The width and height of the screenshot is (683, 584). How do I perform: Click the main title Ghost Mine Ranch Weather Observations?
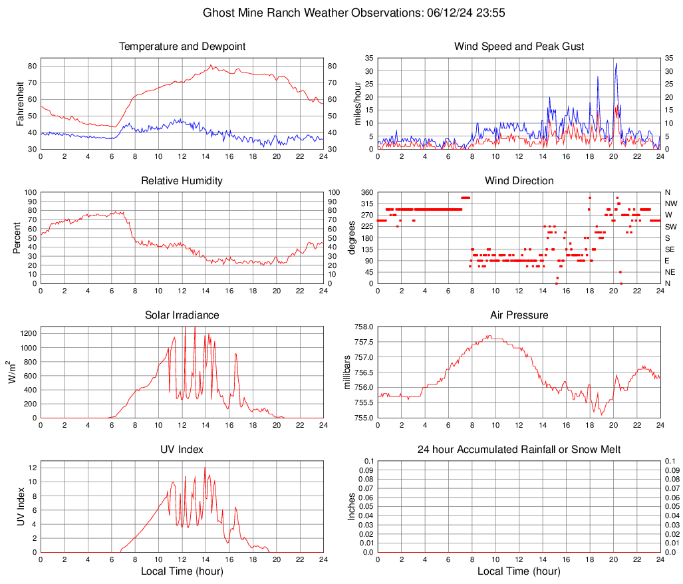click(341, 13)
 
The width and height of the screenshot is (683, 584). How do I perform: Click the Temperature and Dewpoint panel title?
click(182, 47)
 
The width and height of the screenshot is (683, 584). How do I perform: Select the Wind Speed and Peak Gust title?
click(519, 47)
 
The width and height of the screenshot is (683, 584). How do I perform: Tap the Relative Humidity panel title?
click(182, 181)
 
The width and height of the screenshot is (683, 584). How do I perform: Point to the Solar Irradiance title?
click(182, 315)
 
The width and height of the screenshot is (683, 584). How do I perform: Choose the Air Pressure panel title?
click(519, 315)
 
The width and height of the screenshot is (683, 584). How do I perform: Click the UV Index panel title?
click(182, 450)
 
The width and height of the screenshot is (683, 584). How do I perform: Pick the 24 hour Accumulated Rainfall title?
click(519, 450)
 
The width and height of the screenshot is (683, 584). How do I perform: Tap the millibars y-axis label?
click(347, 372)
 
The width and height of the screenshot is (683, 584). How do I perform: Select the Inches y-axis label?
click(352, 506)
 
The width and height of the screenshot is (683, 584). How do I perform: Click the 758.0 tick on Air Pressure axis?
click(363, 327)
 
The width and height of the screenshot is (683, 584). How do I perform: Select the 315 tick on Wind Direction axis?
click(366, 204)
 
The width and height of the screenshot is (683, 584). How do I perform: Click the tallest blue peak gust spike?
click(616, 64)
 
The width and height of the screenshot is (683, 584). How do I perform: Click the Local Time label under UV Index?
click(182, 571)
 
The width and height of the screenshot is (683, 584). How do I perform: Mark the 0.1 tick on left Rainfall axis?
click(368, 461)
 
